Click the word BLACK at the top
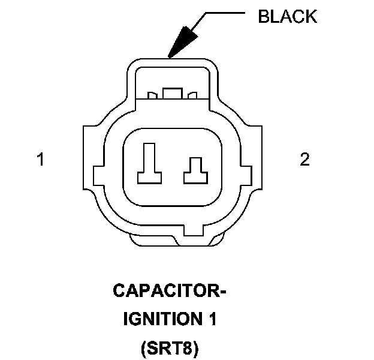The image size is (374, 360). (x=287, y=16)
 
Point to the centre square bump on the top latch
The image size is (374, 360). (x=173, y=94)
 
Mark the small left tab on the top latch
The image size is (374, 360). (x=152, y=95)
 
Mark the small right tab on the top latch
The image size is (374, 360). (x=192, y=95)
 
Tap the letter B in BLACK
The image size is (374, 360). (x=263, y=16)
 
